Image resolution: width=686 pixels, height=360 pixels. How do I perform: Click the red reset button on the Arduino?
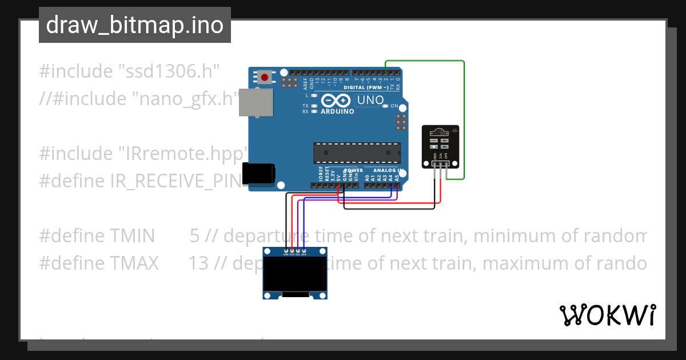point(265,77)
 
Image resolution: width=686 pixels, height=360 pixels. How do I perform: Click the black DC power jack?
point(258,174)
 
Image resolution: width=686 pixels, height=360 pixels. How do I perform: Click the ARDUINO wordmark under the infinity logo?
point(337,111)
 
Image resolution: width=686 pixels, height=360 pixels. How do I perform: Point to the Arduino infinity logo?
point(336,101)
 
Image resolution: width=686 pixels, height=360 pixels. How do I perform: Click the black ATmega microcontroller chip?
point(357,153)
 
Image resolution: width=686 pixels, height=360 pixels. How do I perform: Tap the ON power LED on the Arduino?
point(385,106)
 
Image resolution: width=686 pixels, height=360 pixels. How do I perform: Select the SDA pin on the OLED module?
point(304,251)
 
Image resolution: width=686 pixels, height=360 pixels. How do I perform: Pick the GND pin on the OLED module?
point(286,251)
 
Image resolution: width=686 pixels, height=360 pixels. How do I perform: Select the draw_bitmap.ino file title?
point(135,25)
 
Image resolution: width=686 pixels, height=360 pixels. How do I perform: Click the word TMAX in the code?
point(132,263)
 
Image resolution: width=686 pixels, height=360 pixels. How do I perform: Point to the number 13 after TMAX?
point(198,263)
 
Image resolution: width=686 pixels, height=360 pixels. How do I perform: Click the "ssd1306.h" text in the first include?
point(169,71)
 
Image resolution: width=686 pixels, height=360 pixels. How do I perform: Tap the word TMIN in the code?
point(132,235)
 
